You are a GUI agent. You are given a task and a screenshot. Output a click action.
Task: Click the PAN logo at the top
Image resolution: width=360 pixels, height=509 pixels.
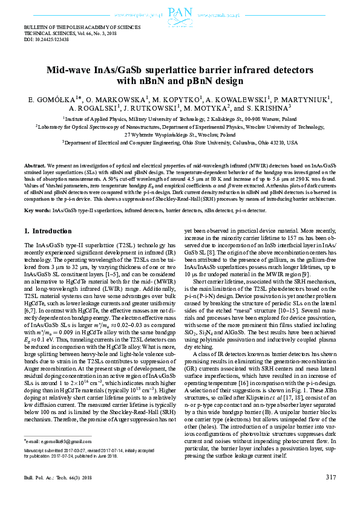pos(180,13)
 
